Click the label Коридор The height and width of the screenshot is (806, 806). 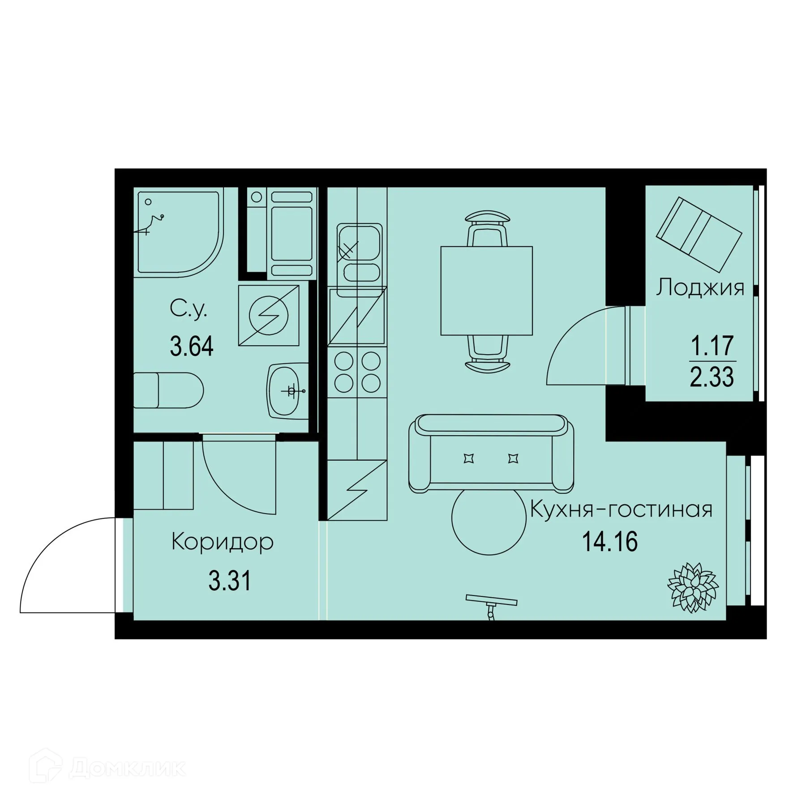223,542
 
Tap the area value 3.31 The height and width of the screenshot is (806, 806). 230,582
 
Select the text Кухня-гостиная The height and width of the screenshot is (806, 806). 621,510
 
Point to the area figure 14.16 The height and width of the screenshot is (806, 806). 610,542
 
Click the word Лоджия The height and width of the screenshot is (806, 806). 700,287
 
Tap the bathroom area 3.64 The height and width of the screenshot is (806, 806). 192,346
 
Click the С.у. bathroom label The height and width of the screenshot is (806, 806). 189,309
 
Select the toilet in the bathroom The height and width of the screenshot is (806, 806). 168,390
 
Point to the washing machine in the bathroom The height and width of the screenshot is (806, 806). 269,315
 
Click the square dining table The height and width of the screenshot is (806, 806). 487,291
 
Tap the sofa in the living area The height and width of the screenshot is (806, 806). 491,453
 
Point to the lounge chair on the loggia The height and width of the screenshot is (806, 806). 699,234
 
